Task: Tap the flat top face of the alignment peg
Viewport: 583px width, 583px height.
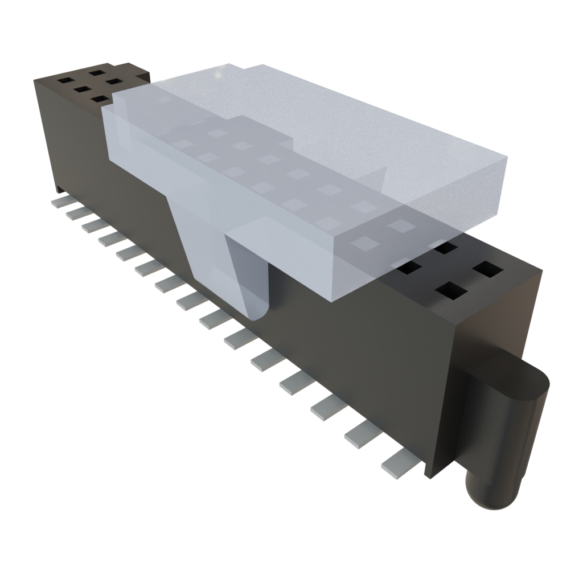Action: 521,379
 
